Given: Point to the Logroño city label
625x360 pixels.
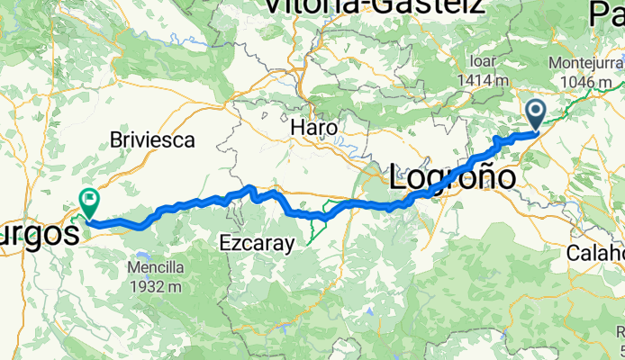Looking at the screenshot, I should pos(453,176).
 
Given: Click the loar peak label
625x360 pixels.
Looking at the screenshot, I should pos(484,63).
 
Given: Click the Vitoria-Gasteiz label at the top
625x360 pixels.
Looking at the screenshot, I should pos(373,7).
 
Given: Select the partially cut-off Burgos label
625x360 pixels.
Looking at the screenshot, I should pos(36,236).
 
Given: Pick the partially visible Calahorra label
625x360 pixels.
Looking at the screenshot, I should pos(596,253).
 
